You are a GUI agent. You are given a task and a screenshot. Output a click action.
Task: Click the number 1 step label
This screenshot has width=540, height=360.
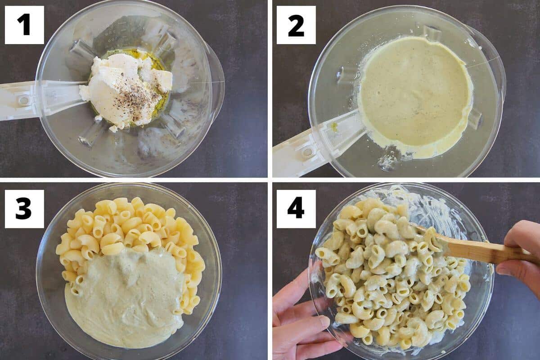24,25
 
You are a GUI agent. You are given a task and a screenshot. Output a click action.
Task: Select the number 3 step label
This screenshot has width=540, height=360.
24,209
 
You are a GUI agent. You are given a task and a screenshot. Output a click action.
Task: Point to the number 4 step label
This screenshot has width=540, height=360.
296,209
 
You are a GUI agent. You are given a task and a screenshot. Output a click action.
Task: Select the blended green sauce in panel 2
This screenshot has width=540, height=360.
414,94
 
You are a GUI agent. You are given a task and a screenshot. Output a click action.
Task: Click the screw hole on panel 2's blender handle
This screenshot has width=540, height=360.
308,152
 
